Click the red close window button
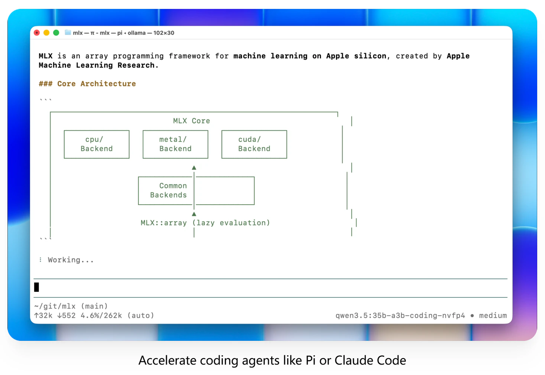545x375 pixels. pos(37,33)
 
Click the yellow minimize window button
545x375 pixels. pos(46,33)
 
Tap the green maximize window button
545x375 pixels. pos(56,33)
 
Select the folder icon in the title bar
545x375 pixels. pos(68,33)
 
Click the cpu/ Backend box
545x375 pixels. pos(97,144)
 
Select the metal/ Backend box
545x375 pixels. pos(175,144)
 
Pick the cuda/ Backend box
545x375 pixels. pos(254,144)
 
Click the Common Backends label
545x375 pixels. pos(169,190)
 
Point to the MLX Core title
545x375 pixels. pos(191,121)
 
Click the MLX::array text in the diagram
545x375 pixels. pos(163,223)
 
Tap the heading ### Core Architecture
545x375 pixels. pos(87,84)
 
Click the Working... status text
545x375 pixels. pos(71,260)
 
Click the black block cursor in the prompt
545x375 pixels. pos(36,287)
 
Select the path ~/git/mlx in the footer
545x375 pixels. pos(55,306)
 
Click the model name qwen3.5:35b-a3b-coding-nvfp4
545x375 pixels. pos(400,316)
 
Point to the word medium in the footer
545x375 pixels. pos(493,316)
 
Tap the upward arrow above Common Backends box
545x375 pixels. pos(194,168)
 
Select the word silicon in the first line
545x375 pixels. pos(370,56)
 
